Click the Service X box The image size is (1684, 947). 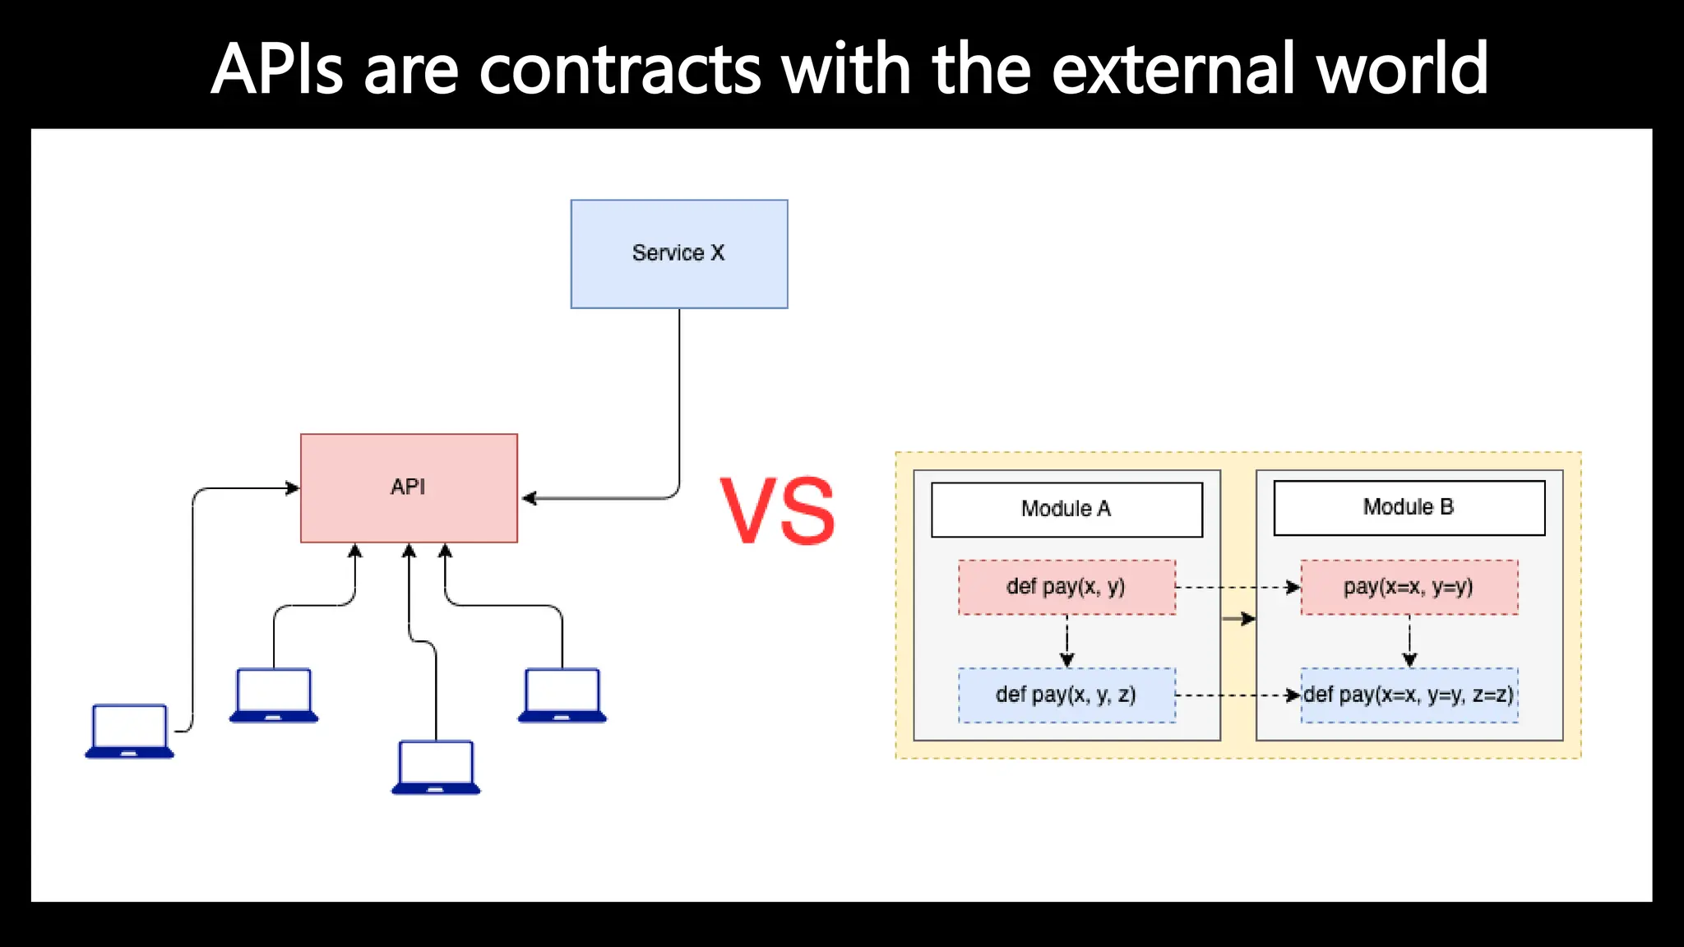(x=679, y=254)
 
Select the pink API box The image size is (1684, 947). (x=409, y=487)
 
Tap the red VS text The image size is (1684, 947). (x=777, y=511)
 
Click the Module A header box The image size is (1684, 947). (x=1066, y=510)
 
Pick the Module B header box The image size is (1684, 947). (x=1409, y=508)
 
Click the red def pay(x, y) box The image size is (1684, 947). (x=1066, y=587)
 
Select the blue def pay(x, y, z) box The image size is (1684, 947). (x=1066, y=695)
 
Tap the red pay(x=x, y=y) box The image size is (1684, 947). (x=1409, y=587)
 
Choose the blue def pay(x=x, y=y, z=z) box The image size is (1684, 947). (x=1409, y=695)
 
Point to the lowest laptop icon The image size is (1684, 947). (x=436, y=767)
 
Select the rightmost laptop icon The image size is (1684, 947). (x=562, y=695)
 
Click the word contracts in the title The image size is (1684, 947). (x=620, y=69)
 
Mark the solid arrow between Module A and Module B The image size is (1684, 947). (x=1238, y=619)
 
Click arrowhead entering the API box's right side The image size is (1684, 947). (x=529, y=498)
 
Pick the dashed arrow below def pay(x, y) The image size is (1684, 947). (x=1066, y=641)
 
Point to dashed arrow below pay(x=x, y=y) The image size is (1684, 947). (x=1409, y=641)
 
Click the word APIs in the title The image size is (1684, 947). (x=276, y=69)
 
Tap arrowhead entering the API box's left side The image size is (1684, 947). (x=293, y=488)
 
